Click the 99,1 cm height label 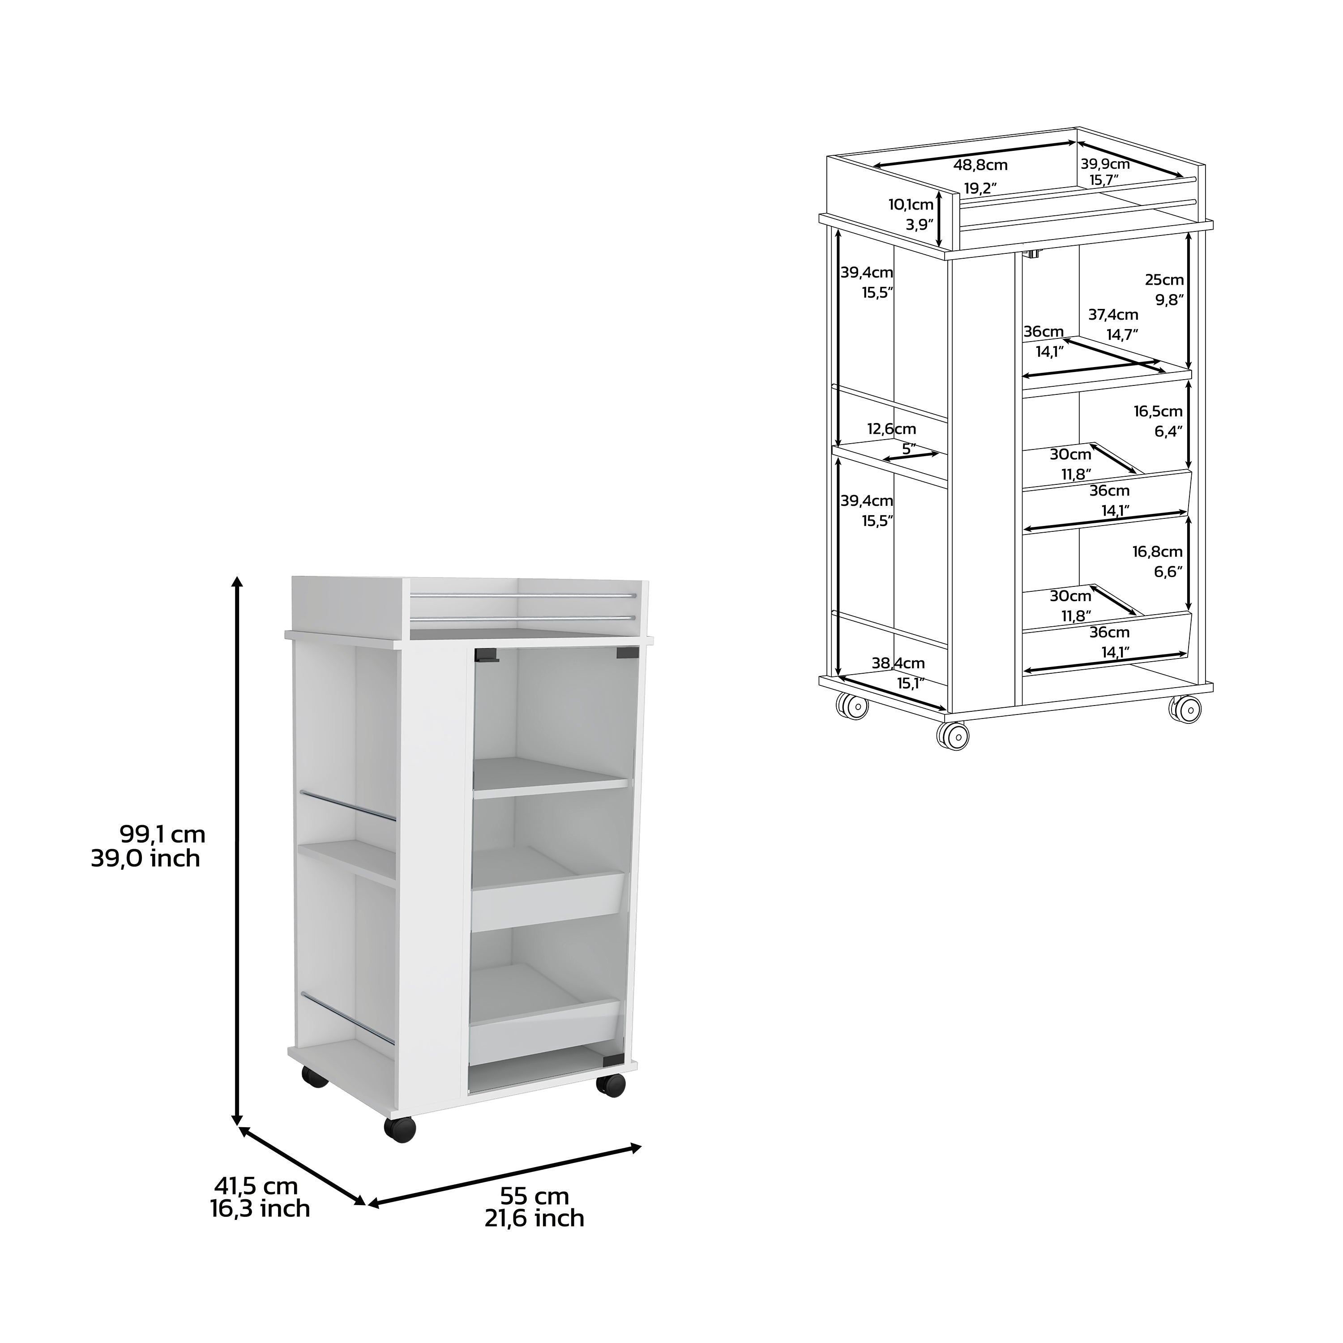tap(163, 834)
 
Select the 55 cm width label tap(534, 1196)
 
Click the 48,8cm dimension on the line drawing tap(980, 166)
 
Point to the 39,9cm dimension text tap(1104, 164)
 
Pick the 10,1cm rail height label tap(911, 205)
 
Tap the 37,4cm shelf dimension tap(1113, 315)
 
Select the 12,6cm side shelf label tap(891, 429)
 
